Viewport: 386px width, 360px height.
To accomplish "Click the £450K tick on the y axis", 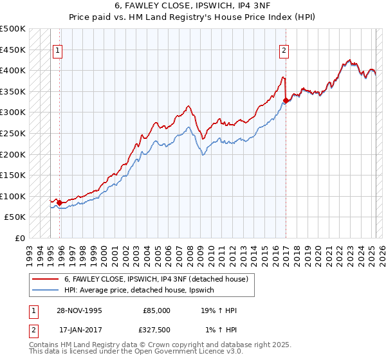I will pos(13,50).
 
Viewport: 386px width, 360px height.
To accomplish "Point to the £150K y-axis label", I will pos(13,175).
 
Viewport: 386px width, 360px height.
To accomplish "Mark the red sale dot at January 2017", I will pos(286,100).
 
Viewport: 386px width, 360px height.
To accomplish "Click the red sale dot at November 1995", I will pos(60,203).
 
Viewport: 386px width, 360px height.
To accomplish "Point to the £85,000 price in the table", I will pos(157,310).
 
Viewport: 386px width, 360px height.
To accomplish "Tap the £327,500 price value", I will pos(155,330).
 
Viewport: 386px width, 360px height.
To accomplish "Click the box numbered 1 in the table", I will pos(33,310).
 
